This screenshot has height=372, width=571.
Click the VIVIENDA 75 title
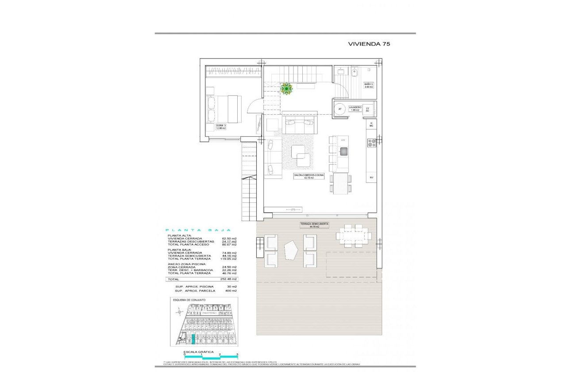pos(369,44)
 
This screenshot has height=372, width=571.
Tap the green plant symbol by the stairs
pos(286,89)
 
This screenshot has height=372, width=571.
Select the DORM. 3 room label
pos(221,127)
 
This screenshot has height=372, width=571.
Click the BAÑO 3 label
pos(369,85)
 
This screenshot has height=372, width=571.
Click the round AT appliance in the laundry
pos(340,109)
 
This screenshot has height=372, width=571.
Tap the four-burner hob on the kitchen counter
pos(371,143)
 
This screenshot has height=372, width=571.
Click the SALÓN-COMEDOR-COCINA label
pos(309,176)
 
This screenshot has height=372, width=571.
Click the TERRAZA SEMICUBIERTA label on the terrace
pos(314,225)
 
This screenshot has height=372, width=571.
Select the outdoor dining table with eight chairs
pos(353,236)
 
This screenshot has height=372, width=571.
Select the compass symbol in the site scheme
pos(178,313)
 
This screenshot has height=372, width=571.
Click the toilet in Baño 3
pos(354,71)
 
